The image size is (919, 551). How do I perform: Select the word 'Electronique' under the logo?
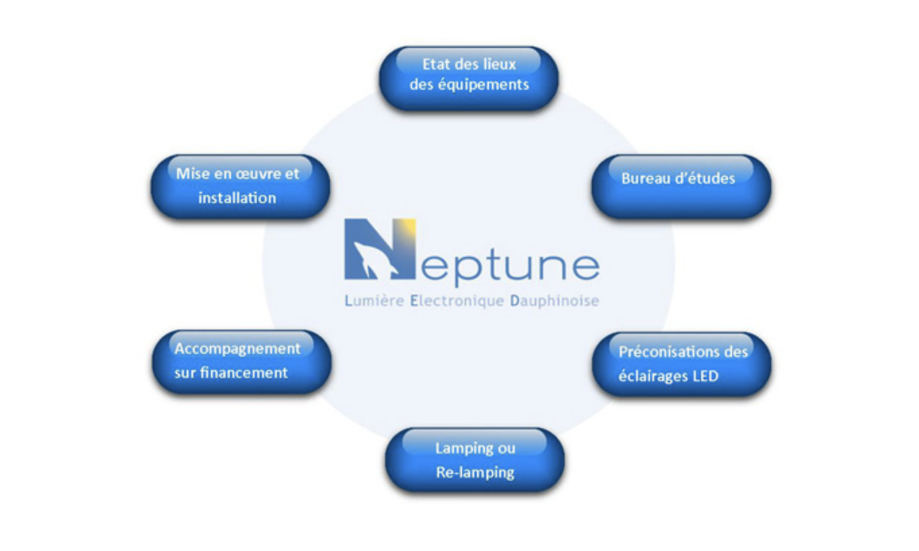click(457, 301)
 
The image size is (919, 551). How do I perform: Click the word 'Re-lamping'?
click(475, 473)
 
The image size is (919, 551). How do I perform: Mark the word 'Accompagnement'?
click(237, 349)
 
